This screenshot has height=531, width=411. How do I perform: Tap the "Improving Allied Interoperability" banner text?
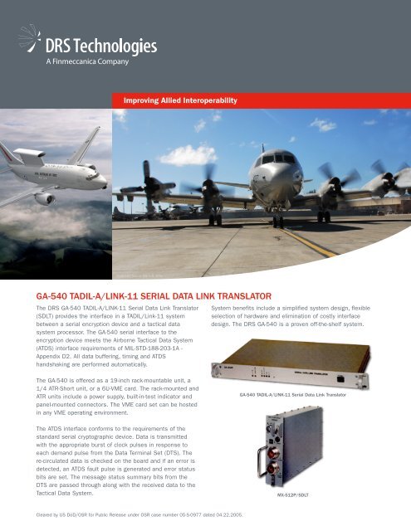point(180,100)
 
